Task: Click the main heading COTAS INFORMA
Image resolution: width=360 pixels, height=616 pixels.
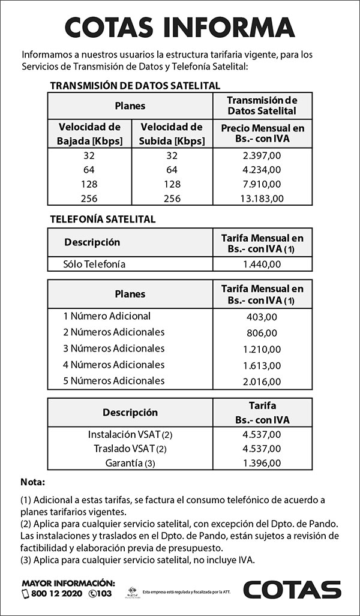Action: click(179, 27)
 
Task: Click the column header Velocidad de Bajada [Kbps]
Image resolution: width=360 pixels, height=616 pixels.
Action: click(89, 134)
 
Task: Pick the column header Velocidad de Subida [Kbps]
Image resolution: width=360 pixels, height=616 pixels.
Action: click(172, 134)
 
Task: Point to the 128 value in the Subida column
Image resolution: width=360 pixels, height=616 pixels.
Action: click(172, 184)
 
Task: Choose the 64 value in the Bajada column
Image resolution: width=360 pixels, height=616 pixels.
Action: click(89, 169)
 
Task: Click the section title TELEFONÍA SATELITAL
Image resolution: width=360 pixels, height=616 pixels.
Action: click(103, 220)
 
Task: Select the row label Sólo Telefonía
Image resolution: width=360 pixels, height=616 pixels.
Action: click(94, 264)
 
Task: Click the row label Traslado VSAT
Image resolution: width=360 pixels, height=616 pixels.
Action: click(130, 449)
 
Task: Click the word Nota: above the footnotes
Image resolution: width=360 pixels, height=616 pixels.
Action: click(33, 482)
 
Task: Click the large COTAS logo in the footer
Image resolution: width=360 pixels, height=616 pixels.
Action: click(292, 589)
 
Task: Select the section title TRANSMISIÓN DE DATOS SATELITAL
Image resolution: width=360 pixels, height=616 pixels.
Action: click(135, 86)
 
